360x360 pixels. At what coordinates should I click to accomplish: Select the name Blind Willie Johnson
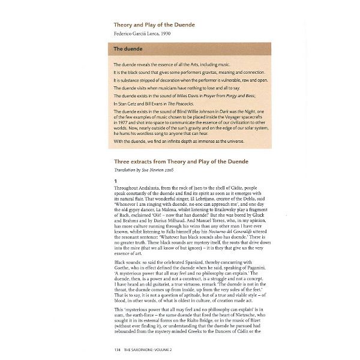(180, 112)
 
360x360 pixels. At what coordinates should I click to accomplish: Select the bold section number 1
(115, 180)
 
